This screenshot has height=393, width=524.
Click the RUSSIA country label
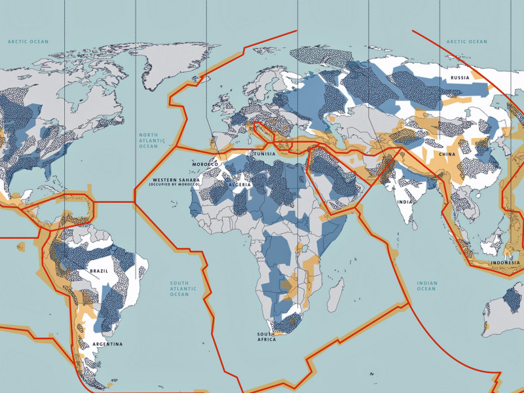point(460,78)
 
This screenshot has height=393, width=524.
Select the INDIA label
point(405,202)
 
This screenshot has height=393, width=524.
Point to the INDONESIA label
point(505,263)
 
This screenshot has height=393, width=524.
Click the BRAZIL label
point(99,271)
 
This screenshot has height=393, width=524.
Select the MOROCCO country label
point(205,163)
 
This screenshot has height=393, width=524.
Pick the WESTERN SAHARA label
point(174,179)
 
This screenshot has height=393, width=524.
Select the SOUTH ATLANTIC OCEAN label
point(179,288)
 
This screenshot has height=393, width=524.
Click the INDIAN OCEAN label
point(426,286)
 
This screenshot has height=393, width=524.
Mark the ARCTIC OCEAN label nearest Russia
point(467,41)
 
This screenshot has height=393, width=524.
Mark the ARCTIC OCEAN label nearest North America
point(28,41)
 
